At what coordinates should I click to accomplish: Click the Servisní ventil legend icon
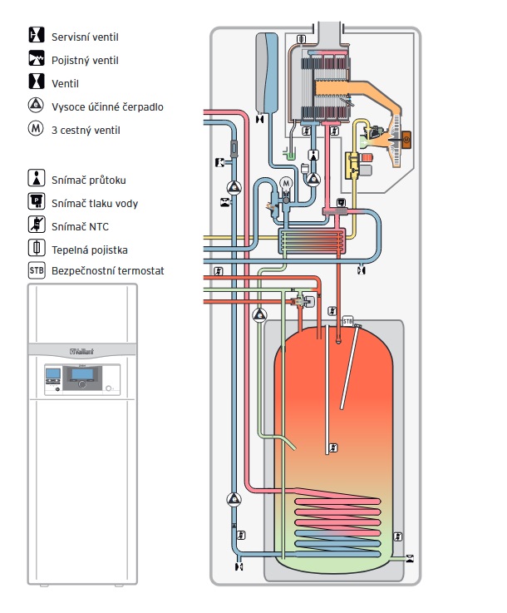pyautogui.click(x=37, y=35)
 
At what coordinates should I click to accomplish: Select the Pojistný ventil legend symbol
pyautogui.click(x=37, y=58)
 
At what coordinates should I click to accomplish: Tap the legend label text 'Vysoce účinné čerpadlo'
pyautogui.click(x=107, y=107)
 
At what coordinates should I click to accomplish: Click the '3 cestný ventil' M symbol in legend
pyautogui.click(x=36, y=128)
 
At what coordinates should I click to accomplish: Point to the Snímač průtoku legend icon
pyautogui.click(x=37, y=178)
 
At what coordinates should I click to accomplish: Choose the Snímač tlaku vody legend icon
pyautogui.click(x=37, y=201)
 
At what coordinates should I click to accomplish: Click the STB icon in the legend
pyautogui.click(x=37, y=270)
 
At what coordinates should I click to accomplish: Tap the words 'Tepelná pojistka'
pyautogui.click(x=90, y=250)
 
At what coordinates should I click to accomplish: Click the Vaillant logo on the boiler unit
pyautogui.click(x=81, y=352)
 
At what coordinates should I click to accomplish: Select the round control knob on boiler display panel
pyautogui.click(x=81, y=384)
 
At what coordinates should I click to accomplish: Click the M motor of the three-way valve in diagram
pyautogui.click(x=286, y=183)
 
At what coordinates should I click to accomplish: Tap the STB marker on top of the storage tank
pyautogui.click(x=347, y=321)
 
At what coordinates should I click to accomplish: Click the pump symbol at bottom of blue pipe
pyautogui.click(x=234, y=499)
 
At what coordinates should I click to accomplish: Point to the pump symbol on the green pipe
pyautogui.click(x=260, y=315)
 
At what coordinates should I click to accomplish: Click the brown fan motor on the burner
pyautogui.click(x=406, y=139)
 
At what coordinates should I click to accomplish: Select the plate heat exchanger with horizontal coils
pyautogui.click(x=312, y=241)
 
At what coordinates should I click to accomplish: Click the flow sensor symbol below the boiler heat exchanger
pyautogui.click(x=313, y=156)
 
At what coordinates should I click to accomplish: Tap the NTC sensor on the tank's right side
pyautogui.click(x=397, y=536)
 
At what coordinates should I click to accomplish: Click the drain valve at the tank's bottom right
pyautogui.click(x=410, y=559)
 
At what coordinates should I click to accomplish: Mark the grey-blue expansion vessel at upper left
pyautogui.click(x=267, y=72)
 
